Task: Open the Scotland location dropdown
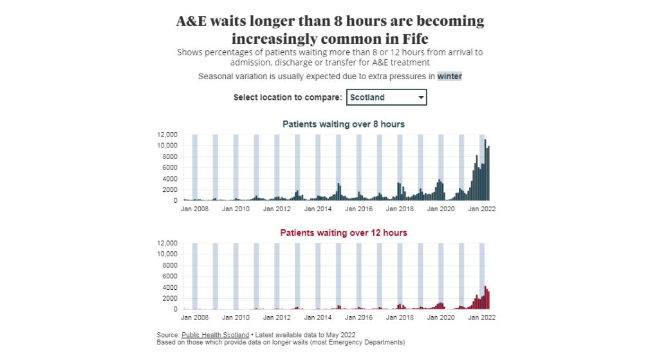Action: click(x=385, y=97)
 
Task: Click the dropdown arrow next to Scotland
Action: click(x=421, y=98)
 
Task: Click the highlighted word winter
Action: click(x=450, y=76)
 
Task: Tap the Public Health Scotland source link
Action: click(x=215, y=335)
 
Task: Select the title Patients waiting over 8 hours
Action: click(x=344, y=124)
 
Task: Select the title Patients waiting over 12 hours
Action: click(x=344, y=232)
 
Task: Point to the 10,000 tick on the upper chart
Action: click(x=167, y=146)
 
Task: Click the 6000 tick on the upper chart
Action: click(x=169, y=167)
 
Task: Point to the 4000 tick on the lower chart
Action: click(x=169, y=287)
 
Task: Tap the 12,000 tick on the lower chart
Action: click(x=167, y=243)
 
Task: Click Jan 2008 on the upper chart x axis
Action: click(x=195, y=209)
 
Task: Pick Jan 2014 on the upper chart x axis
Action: click(x=318, y=209)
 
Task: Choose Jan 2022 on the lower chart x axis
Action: click(x=481, y=317)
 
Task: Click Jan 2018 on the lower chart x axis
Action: click(x=400, y=317)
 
